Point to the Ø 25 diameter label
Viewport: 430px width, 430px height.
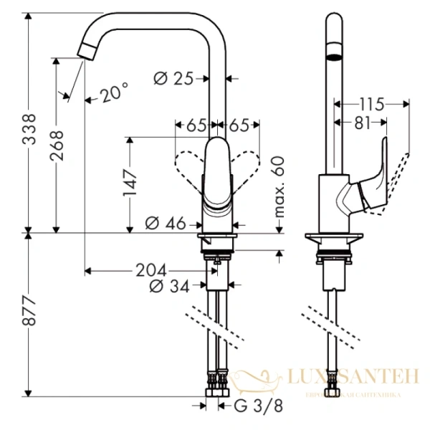click(174, 77)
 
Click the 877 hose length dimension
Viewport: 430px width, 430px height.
click(29, 312)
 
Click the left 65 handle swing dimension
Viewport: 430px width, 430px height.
click(196, 125)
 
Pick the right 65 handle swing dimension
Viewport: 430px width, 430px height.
click(240, 125)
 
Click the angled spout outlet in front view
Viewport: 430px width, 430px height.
click(87, 51)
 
